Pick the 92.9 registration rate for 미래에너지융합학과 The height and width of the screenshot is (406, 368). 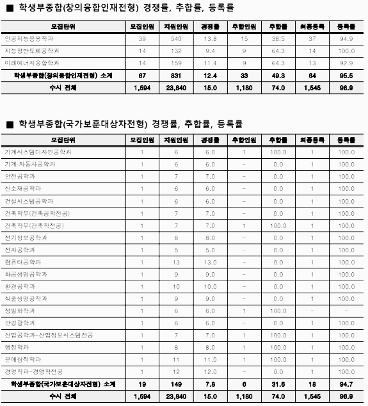click(346, 63)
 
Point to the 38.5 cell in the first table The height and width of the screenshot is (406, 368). click(278, 38)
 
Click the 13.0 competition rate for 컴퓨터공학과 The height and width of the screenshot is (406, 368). click(210, 262)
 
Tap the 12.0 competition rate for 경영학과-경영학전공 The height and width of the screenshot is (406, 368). click(210, 371)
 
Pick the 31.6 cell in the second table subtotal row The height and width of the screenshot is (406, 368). click(278, 384)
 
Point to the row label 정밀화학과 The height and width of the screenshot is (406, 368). click(20, 311)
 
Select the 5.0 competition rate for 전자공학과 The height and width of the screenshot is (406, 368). click(210, 250)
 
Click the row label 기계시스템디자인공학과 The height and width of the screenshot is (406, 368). click(38, 152)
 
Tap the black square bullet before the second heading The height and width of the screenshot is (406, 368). click(10, 124)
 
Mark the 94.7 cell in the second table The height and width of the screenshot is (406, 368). click(346, 384)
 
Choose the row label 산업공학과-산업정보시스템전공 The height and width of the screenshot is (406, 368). click(49, 335)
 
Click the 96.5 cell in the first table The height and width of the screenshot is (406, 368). click(346, 76)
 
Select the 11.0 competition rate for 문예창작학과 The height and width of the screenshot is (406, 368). click(210, 359)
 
